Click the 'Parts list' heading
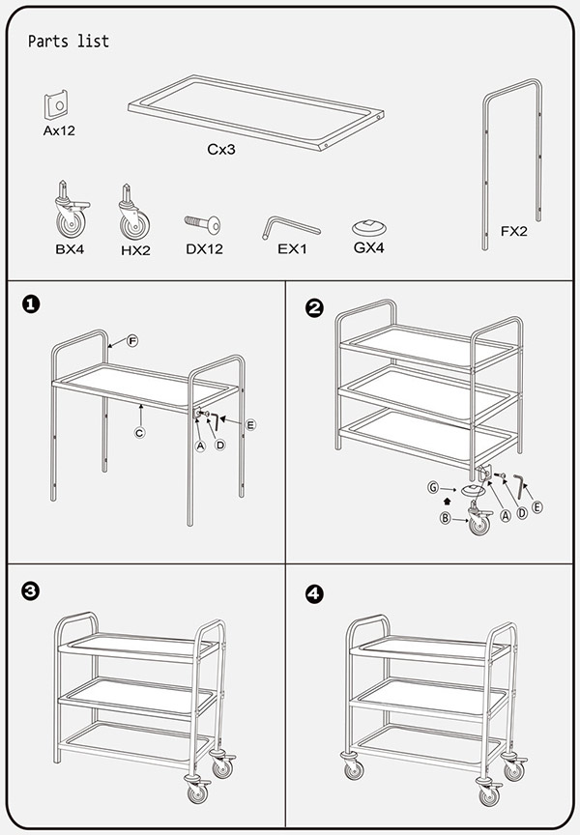[69, 42]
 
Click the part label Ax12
[59, 130]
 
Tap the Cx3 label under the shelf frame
[221, 150]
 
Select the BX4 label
[71, 249]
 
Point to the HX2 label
[134, 249]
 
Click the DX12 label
[204, 249]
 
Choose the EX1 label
[291, 249]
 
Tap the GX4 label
[369, 247]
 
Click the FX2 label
[513, 232]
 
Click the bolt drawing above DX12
[203, 224]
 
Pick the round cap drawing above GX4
[368, 228]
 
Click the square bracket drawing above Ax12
[57, 104]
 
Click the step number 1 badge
[31, 304]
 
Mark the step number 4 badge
[313, 593]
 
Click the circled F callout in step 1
[132, 341]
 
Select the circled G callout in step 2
[434, 489]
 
